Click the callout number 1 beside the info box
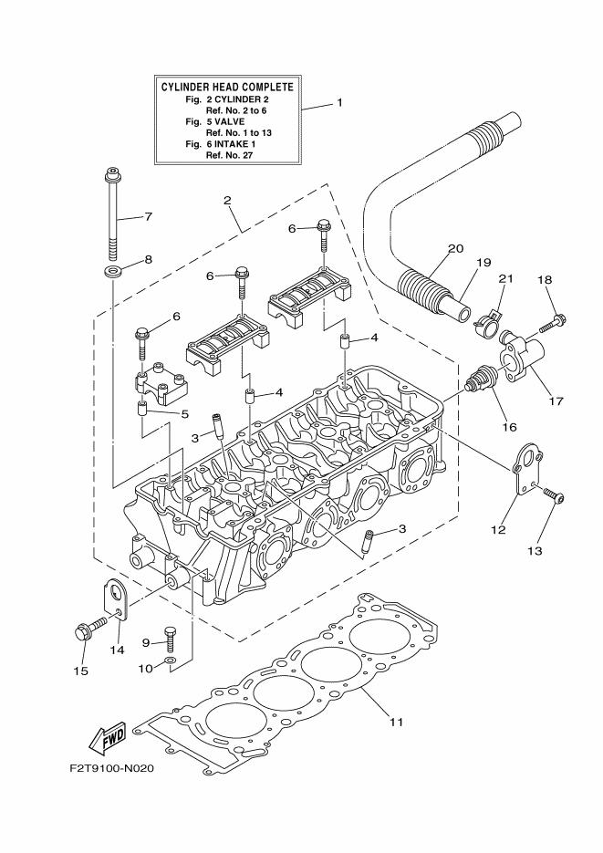tap(339, 102)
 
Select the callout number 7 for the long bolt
tap(148, 216)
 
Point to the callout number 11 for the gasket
tap(396, 723)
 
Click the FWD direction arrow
tap(108, 736)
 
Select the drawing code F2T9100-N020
tap(110, 768)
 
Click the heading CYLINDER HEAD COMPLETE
tap(227, 87)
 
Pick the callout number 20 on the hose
tap(455, 249)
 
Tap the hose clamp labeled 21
tap(488, 317)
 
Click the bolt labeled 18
tap(554, 322)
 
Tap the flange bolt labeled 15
tap(83, 630)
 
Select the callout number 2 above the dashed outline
tap(226, 200)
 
